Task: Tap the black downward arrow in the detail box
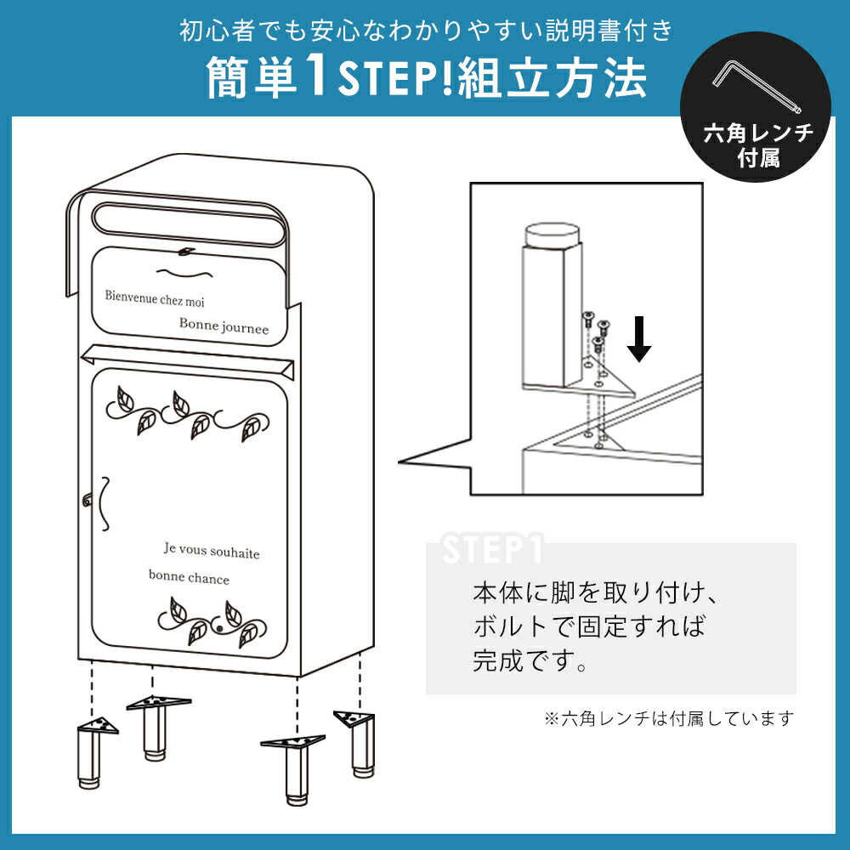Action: tap(639, 339)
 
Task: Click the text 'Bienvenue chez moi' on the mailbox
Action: tap(155, 298)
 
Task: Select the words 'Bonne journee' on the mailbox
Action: tap(224, 326)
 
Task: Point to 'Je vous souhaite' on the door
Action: tap(212, 550)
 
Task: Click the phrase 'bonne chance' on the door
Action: tap(189, 577)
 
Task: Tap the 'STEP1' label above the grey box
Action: tap(492, 548)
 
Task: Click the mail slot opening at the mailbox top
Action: tap(190, 223)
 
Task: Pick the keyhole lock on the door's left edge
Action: tap(87, 500)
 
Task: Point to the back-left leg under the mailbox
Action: tap(156, 728)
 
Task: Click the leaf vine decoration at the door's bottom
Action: tap(212, 622)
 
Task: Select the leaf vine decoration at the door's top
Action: tap(187, 414)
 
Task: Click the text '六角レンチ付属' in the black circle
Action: tap(758, 146)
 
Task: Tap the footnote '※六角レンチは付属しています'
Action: tap(669, 719)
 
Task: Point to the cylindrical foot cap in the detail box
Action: tap(552, 235)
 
